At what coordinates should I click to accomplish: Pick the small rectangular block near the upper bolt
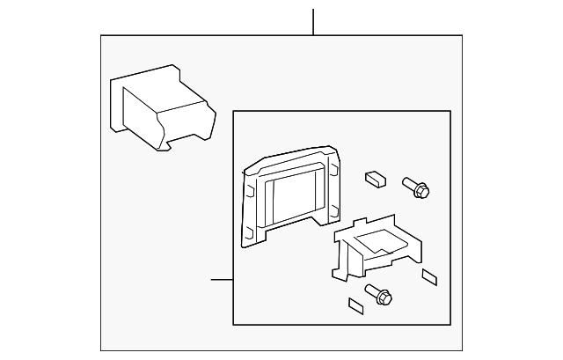(373, 177)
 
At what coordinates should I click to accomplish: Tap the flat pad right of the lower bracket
(430, 277)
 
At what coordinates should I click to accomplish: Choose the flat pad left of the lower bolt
(355, 306)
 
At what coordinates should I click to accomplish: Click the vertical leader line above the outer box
(313, 22)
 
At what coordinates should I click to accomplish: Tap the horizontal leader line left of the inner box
(222, 280)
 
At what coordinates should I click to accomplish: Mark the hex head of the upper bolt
(422, 188)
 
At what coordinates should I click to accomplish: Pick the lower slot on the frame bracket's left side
(250, 230)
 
